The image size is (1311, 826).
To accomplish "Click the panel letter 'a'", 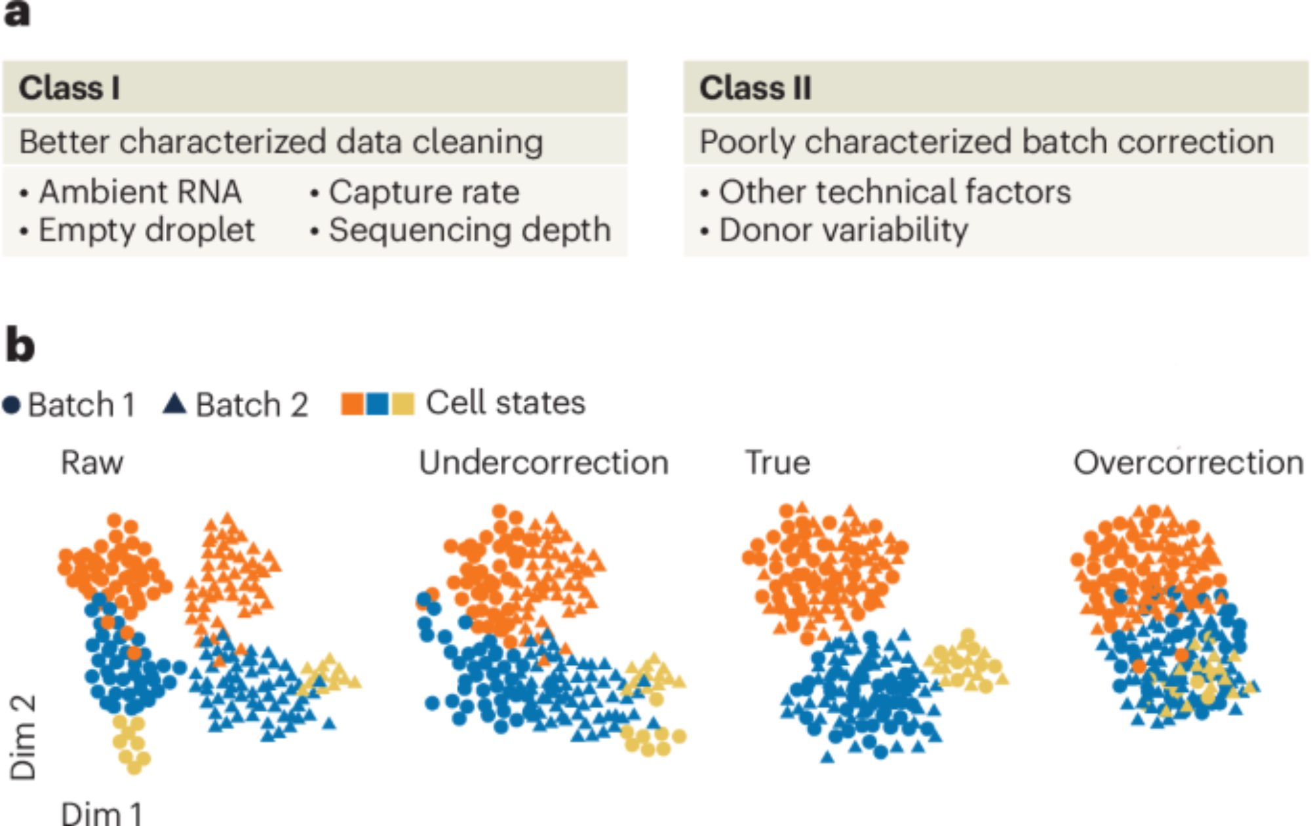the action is [17, 13].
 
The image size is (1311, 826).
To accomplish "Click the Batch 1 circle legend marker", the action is [12, 404].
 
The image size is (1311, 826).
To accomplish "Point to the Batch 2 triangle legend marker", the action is [174, 403].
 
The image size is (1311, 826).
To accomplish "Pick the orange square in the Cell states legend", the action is [353, 404].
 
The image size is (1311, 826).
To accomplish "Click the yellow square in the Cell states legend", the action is [402, 404].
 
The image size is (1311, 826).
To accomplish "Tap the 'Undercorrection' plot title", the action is [544, 462].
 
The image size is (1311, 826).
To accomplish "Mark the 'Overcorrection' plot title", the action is [1188, 462].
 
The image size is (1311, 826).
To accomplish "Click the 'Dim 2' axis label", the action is [24, 737].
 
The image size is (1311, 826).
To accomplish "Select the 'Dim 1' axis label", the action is [102, 814].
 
